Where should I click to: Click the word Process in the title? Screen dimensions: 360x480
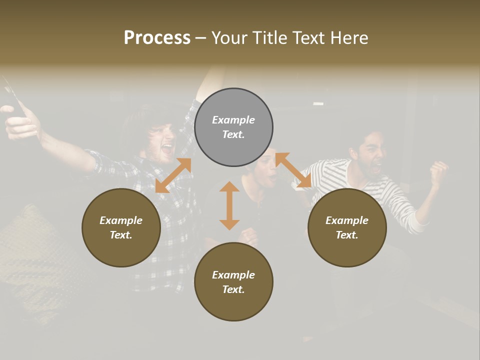coord(157,38)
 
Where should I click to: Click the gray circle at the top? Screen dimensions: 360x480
coord(233,127)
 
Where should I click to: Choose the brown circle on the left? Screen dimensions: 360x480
coord(121,227)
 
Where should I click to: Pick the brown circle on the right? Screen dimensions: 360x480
coord(347,227)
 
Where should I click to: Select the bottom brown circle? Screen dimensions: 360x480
coord(233,281)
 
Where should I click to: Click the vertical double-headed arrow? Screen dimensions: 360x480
coord(229,205)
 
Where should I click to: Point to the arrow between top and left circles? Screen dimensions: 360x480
coord(173,175)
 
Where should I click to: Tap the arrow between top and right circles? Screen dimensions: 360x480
coord(293,170)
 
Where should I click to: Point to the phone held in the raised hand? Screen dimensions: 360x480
coord(12,97)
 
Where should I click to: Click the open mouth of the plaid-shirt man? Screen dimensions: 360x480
coord(167,148)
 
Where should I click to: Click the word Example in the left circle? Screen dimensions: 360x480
coord(121,220)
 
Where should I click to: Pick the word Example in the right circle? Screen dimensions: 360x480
coord(347,220)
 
